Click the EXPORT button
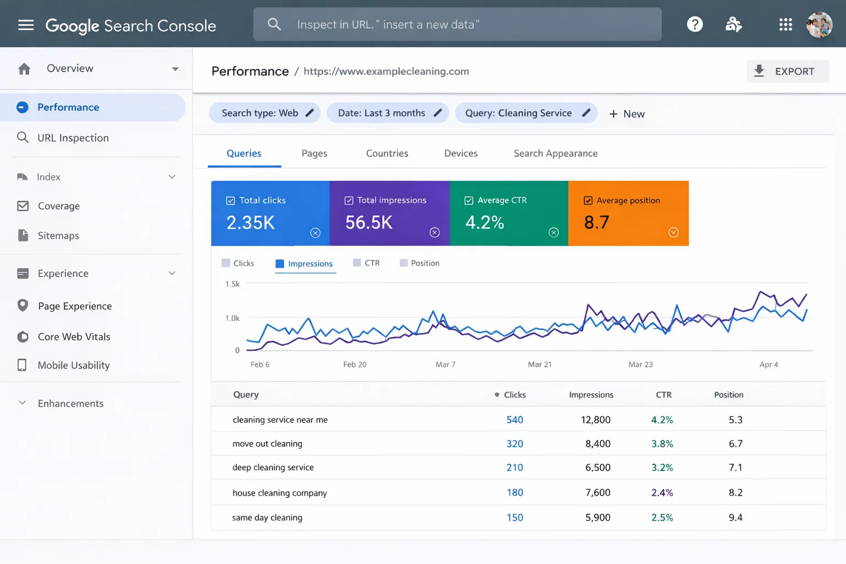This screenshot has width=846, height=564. [x=787, y=72]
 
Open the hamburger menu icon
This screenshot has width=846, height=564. [x=26, y=25]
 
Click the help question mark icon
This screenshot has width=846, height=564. [x=695, y=24]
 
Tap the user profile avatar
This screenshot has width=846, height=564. [x=819, y=25]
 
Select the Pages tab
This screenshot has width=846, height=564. [x=314, y=154]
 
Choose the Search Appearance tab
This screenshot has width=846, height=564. [x=555, y=154]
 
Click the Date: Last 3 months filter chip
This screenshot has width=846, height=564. [x=388, y=113]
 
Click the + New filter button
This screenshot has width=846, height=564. [x=627, y=114]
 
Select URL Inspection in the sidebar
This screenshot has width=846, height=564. [x=73, y=138]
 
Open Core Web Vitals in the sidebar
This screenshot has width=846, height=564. [x=74, y=337]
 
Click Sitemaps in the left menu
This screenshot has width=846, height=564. [x=58, y=236]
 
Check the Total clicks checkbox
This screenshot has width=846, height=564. [x=231, y=201]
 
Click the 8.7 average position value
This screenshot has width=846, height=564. [x=596, y=223]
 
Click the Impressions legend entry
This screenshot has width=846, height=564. [x=305, y=264]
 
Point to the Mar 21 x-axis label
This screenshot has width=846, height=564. [x=539, y=365]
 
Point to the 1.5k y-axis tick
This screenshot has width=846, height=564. [x=232, y=284]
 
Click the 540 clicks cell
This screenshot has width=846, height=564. [x=514, y=420]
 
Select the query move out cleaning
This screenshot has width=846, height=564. [x=267, y=444]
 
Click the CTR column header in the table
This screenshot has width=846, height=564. [x=663, y=395]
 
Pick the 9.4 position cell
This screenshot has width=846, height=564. [x=735, y=518]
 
